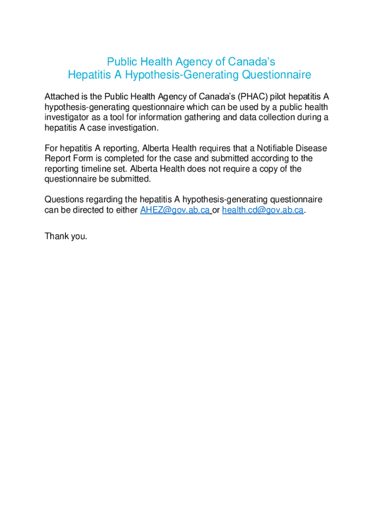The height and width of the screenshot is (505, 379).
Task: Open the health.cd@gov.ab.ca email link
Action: pos(262,210)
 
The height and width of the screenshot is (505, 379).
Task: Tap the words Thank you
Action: pos(66,236)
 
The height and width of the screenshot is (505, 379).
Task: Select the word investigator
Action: pos(67,117)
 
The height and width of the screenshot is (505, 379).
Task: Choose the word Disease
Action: pos(312,148)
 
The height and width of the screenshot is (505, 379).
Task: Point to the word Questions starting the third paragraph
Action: pos(64,199)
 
